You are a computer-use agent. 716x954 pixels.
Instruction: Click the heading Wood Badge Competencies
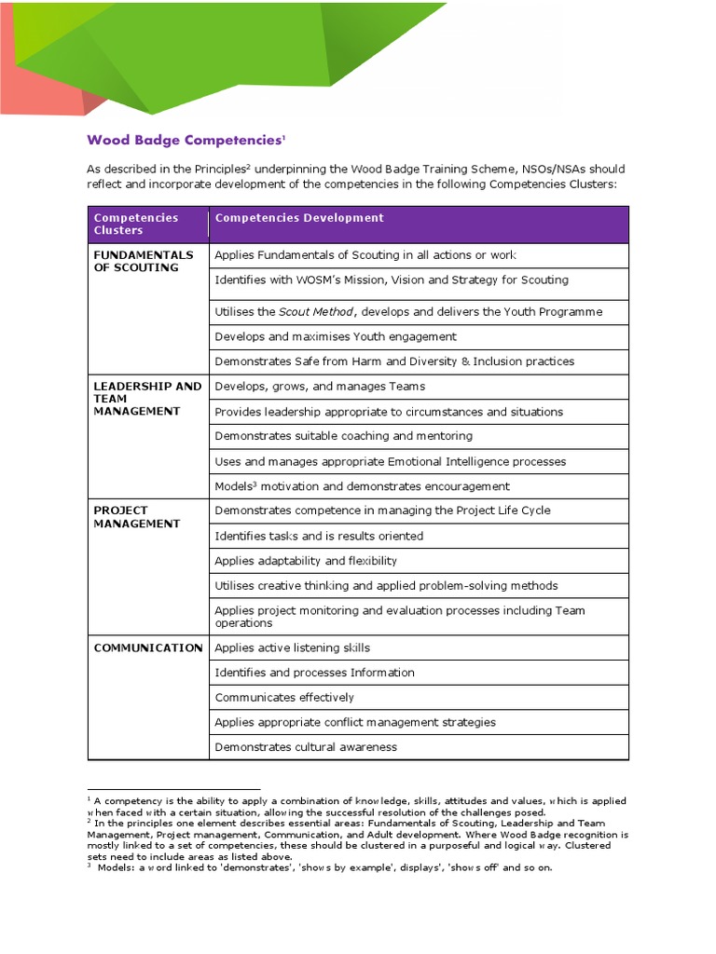(185, 141)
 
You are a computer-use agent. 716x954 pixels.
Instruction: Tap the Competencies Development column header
(299, 218)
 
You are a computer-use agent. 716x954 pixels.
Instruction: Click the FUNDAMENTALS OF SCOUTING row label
(144, 261)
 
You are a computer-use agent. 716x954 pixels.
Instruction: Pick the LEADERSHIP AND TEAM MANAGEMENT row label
(147, 399)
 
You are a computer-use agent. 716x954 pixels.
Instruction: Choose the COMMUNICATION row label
(148, 647)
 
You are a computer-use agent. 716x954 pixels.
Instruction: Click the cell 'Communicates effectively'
(284, 698)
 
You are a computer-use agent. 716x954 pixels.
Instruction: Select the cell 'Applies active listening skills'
(292, 647)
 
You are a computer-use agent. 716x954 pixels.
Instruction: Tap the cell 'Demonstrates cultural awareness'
(306, 747)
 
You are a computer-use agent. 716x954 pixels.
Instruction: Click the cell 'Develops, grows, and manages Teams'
(320, 387)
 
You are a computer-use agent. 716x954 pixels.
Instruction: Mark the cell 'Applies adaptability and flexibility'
(306, 561)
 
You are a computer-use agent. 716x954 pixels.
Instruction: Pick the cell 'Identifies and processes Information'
(314, 673)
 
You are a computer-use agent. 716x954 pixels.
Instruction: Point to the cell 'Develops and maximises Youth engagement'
(336, 336)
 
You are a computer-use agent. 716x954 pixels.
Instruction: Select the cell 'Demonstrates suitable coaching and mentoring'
(343, 436)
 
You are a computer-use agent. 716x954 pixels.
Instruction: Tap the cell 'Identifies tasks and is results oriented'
(319, 536)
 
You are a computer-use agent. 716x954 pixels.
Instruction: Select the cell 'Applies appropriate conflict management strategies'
(355, 722)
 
